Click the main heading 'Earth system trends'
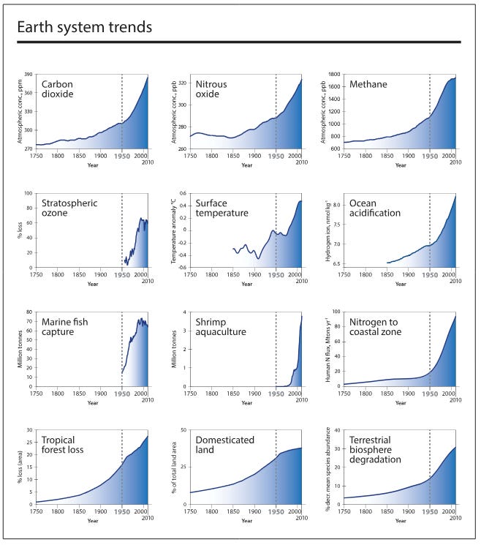pyautogui.click(x=85, y=28)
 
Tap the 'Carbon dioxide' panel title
pyautogui.click(x=63, y=89)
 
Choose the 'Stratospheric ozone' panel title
pyautogui.click(x=70, y=208)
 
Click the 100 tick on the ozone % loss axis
pyautogui.click(x=29, y=194)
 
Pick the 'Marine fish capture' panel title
pyautogui.click(x=68, y=326)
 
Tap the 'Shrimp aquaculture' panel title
pyautogui.click(x=221, y=326)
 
